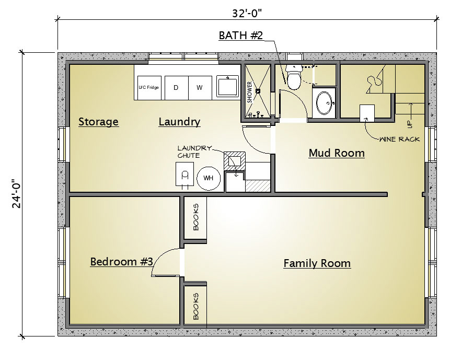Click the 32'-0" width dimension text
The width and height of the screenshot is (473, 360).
247,13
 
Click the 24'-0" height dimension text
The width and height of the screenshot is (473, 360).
16,194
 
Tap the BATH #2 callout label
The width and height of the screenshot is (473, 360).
241,36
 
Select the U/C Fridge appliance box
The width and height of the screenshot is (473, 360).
149,88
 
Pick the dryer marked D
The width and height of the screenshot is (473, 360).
176,88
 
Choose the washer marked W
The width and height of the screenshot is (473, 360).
200,88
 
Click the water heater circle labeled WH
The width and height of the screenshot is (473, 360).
209,178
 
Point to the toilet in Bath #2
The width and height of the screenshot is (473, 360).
293,77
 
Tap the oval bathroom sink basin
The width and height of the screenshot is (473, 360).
324,103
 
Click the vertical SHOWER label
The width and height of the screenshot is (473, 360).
250,92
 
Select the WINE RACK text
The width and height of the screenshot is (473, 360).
399,140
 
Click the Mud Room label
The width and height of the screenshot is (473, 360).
337,153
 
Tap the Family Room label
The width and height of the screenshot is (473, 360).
317,263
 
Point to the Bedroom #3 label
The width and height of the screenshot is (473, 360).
122,261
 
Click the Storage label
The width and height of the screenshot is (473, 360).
98,122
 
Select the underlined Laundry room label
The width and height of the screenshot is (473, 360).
179,122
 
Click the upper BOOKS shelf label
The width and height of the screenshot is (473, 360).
196,217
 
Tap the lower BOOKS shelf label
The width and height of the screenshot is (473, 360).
196,306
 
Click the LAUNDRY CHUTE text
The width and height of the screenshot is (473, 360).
194,152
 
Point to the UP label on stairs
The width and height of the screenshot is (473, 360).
409,124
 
